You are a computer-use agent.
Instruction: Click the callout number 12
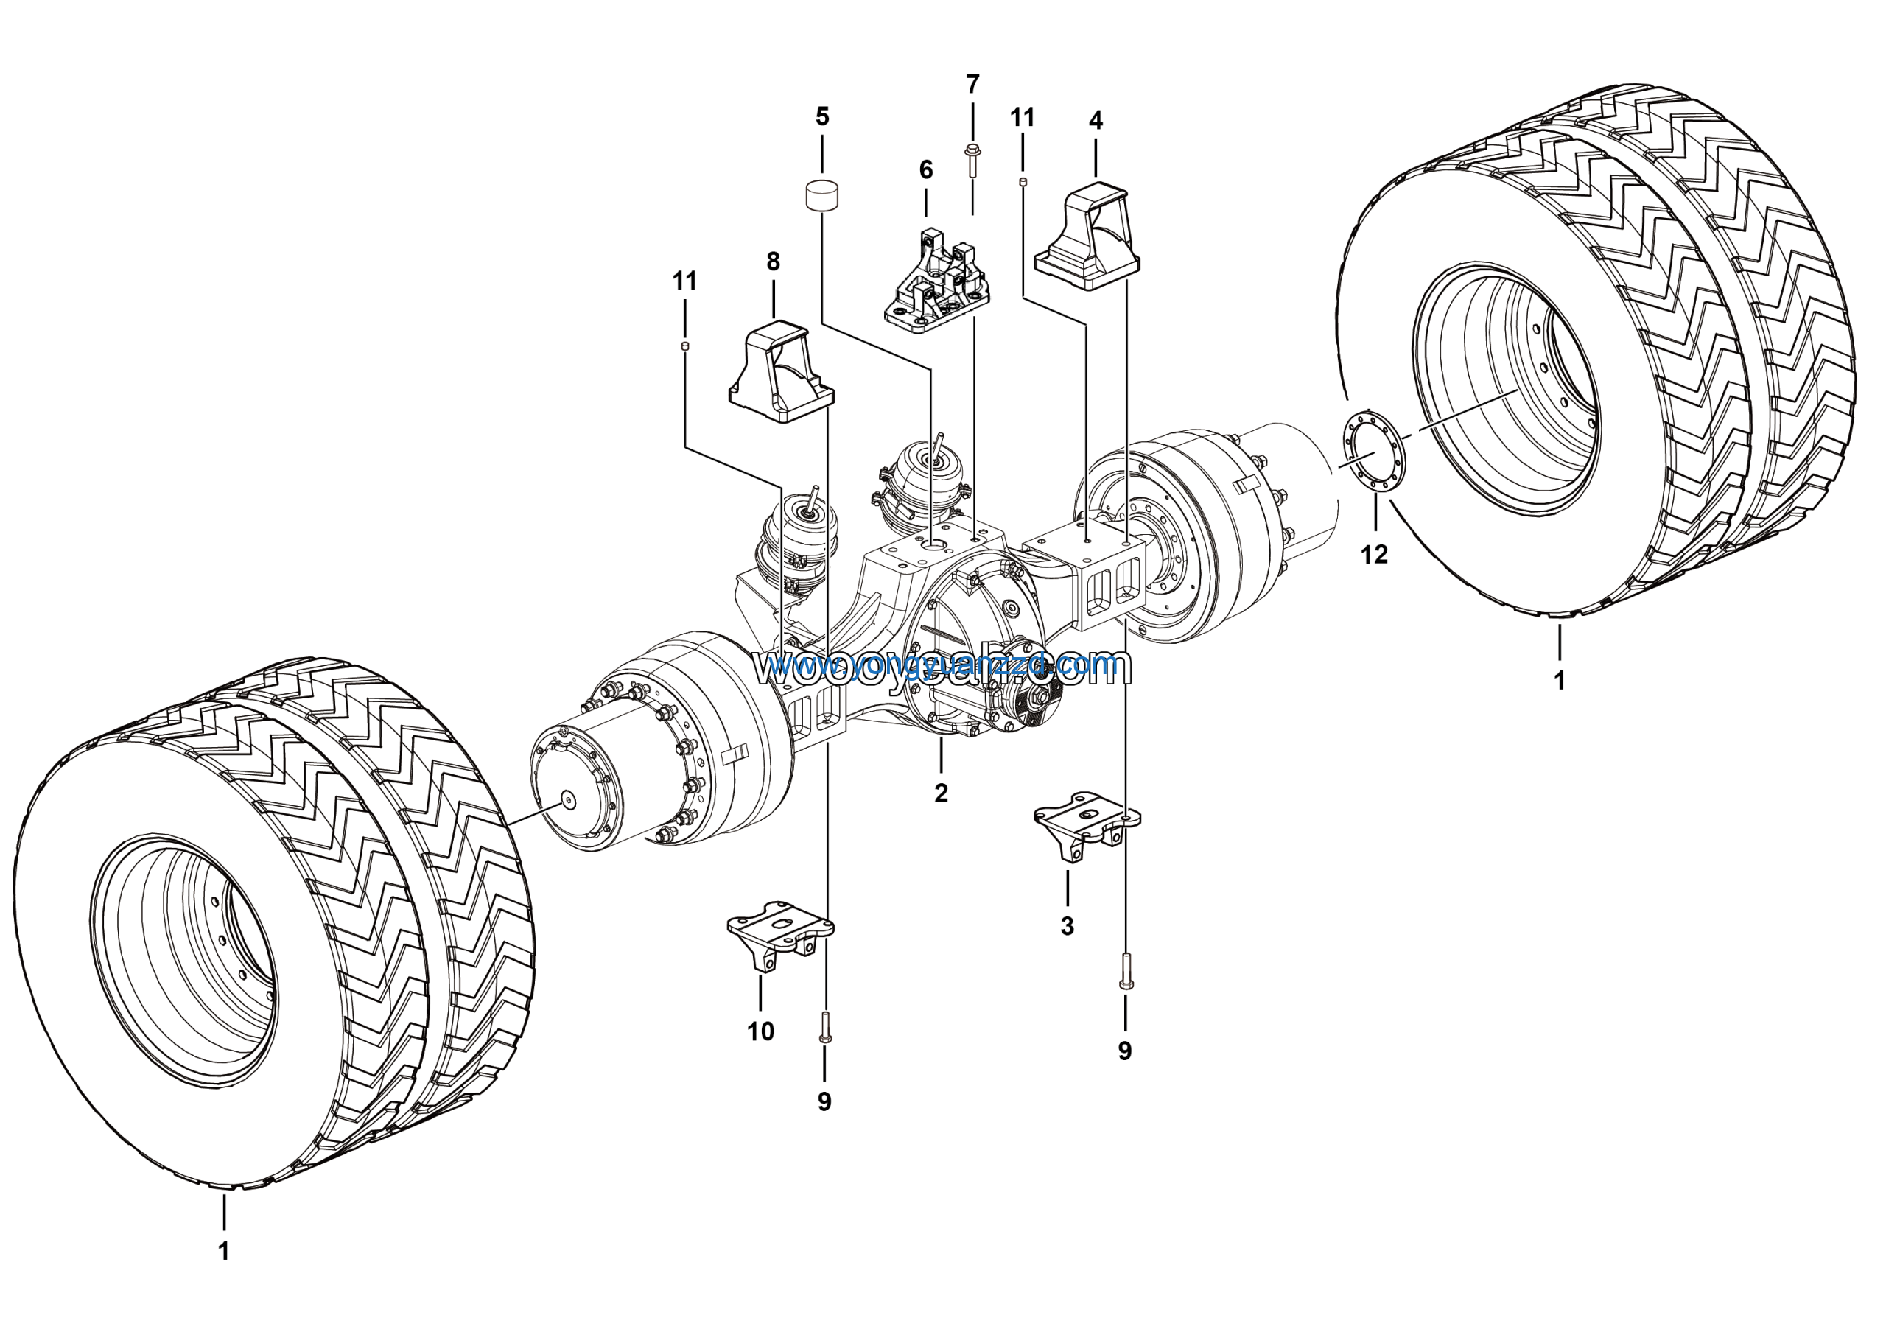[x=1374, y=555]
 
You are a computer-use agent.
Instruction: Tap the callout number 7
[x=972, y=85]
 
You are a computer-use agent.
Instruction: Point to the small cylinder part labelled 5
[x=821, y=197]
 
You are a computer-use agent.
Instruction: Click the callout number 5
[x=822, y=116]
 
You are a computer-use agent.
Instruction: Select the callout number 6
[x=926, y=170]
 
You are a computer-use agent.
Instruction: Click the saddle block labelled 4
[x=1086, y=238]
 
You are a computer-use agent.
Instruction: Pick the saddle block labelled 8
[x=781, y=374]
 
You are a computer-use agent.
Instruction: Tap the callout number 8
[x=773, y=262]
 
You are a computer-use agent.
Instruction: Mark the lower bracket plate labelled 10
[x=779, y=932]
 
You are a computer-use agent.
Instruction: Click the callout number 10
[x=760, y=1031]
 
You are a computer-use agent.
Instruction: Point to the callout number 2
[x=942, y=793]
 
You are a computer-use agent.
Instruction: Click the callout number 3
[x=1067, y=926]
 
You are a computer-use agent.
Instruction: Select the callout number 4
[x=1096, y=121]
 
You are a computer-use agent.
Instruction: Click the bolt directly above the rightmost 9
[x=1124, y=971]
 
